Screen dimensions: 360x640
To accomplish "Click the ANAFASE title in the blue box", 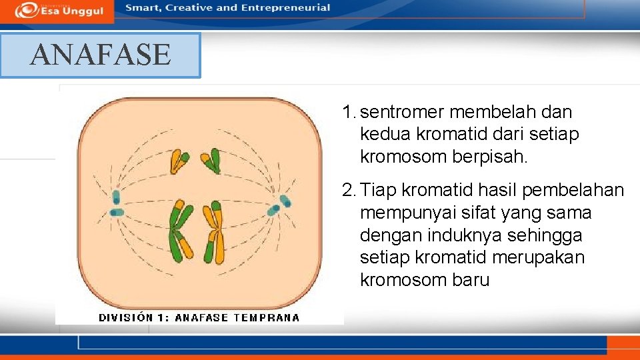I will pyautogui.click(x=100, y=55).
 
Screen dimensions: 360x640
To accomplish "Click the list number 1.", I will pyautogui.click(x=347, y=112).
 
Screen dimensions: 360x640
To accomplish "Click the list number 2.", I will pyautogui.click(x=347, y=191).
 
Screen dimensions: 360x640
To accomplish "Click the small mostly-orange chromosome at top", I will pyautogui.click(x=179, y=161).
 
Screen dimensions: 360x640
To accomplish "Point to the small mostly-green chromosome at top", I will pyautogui.click(x=212, y=160).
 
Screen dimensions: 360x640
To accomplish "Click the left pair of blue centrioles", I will pyautogui.click(x=117, y=204).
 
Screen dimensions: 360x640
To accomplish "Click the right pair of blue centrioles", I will pyautogui.click(x=281, y=205).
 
